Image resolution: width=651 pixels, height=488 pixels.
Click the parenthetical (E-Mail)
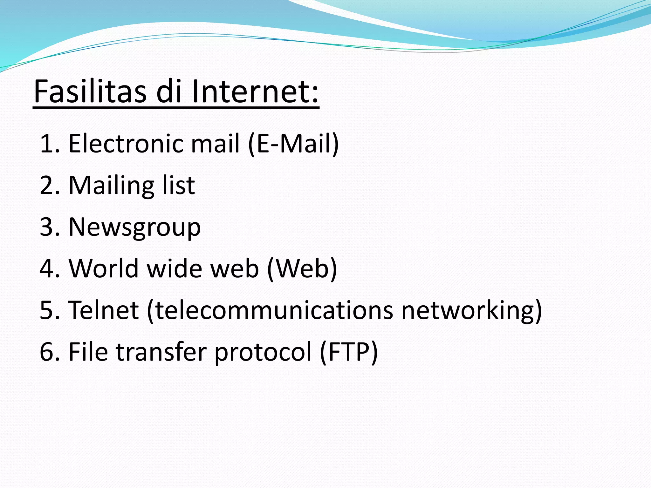(x=293, y=144)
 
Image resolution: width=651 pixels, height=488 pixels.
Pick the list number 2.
(x=50, y=185)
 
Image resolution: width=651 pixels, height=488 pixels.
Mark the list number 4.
(x=50, y=268)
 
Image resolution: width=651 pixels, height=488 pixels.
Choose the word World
(x=104, y=268)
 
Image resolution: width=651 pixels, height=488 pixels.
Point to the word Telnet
(x=104, y=310)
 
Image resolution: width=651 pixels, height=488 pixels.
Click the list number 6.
(x=50, y=352)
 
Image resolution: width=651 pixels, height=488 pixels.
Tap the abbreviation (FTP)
(x=349, y=352)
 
